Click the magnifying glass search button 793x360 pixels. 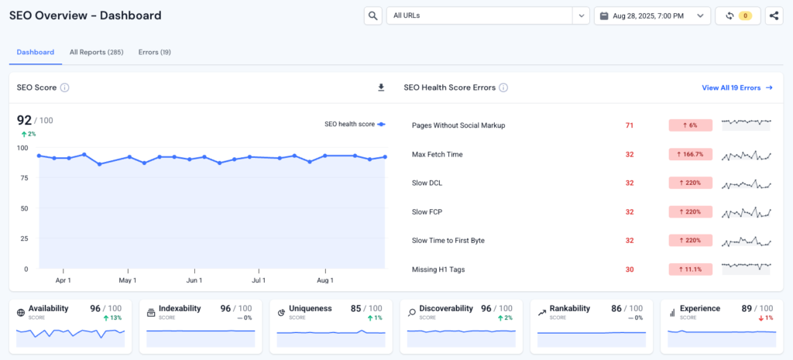point(372,15)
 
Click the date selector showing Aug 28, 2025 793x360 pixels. point(651,15)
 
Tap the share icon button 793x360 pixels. point(773,15)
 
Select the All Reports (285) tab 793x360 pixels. point(96,52)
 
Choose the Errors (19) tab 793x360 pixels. point(154,52)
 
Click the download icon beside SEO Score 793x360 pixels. point(381,87)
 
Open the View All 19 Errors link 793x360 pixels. point(736,87)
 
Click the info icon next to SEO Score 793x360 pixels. point(65,87)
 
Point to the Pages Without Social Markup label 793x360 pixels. point(458,125)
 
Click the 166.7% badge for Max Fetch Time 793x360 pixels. point(690,154)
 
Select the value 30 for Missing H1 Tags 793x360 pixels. point(630,269)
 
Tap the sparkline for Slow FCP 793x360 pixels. point(747,211)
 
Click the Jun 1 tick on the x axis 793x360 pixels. point(194,280)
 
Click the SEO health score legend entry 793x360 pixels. point(354,124)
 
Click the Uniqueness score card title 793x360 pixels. point(310,308)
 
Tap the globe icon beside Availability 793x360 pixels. point(21,313)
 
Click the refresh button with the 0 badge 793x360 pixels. point(737,15)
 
